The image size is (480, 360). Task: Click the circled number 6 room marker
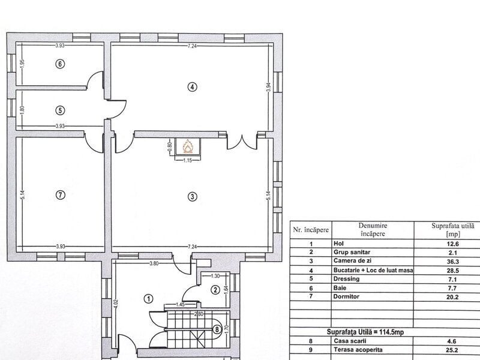61,64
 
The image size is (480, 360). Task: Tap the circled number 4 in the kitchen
192,87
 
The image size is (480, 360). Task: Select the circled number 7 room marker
61,194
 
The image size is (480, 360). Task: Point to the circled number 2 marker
215,290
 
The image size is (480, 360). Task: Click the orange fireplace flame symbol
188,146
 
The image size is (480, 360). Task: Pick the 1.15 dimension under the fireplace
187,160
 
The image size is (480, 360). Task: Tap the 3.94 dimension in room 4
268,87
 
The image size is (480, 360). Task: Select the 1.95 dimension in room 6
22,64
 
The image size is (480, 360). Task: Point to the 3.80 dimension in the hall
154,263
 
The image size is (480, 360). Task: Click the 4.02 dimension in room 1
115,305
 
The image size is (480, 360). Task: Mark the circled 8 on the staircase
217,329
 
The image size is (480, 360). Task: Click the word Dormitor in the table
346,296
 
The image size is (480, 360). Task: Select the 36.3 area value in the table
452,262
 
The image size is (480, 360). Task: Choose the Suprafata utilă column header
453,230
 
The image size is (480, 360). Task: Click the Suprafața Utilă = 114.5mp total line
365,332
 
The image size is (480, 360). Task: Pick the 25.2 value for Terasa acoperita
452,350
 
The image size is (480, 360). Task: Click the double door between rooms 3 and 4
242,142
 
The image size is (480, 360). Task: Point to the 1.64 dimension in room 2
227,290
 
